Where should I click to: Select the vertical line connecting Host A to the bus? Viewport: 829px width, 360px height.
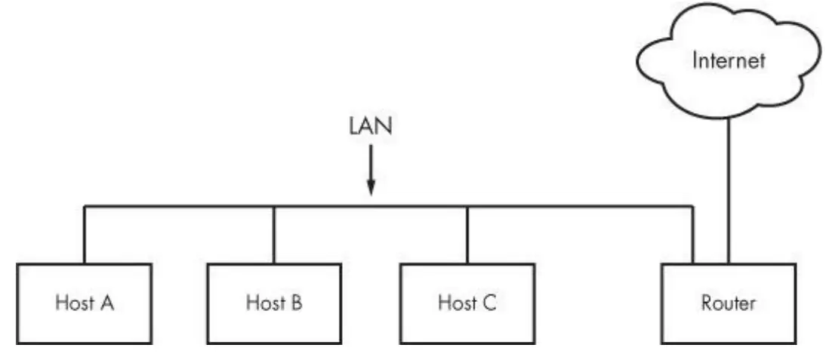point(84,234)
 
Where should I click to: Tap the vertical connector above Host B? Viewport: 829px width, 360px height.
point(274,234)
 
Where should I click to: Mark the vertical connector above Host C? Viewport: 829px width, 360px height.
point(467,234)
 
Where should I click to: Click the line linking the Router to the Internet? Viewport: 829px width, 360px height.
point(728,189)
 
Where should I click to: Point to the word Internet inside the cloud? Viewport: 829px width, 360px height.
point(728,60)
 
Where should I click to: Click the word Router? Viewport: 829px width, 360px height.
point(728,303)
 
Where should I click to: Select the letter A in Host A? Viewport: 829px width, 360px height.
point(109,303)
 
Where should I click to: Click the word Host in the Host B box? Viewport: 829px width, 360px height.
point(262,303)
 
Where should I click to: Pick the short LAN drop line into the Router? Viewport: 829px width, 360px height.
point(692,234)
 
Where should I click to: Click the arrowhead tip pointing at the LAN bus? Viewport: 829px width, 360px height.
point(370,195)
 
